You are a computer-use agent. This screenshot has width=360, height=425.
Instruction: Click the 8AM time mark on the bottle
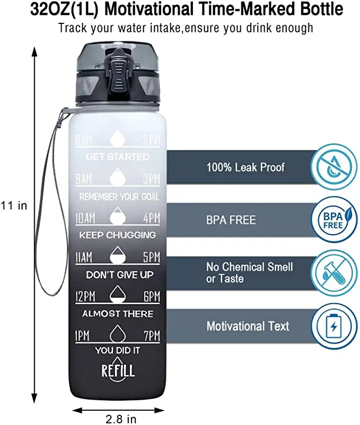pyautogui.click(x=83, y=140)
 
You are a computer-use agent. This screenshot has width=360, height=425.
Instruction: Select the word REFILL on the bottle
pyautogui.click(x=118, y=369)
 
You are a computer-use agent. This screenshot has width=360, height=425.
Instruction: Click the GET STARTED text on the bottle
pyautogui.click(x=117, y=157)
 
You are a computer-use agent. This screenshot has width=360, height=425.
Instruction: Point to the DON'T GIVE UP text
pyautogui.click(x=119, y=275)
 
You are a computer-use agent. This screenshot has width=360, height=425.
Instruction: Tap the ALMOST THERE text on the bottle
pyautogui.click(x=118, y=314)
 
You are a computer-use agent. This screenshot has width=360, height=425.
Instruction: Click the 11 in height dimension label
pyautogui.click(x=14, y=205)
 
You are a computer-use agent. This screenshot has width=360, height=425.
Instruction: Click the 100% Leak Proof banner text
pyautogui.click(x=245, y=167)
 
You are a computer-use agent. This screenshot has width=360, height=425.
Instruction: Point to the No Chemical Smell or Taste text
pyautogui.click(x=249, y=273)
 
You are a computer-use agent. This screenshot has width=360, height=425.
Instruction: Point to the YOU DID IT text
pyautogui.click(x=118, y=350)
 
